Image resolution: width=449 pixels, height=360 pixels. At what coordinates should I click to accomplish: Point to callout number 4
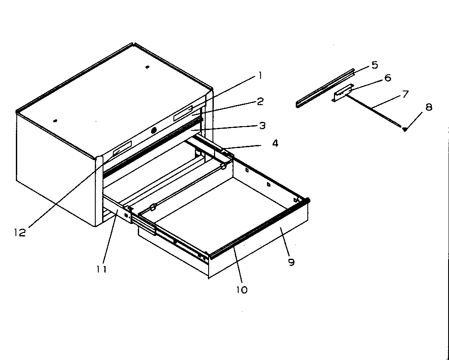coord(275,143)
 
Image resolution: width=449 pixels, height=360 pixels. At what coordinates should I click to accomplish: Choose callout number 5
coord(374,65)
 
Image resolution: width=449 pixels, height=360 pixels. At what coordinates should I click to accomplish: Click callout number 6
coord(387,78)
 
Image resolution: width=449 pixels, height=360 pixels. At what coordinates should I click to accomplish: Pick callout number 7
coord(404,94)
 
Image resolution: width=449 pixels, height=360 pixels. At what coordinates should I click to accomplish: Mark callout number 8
coord(428,107)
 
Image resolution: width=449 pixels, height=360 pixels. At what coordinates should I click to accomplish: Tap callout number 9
coord(291,262)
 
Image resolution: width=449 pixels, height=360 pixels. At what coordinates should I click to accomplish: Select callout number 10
coord(242,290)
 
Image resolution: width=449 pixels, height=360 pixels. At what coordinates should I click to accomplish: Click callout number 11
coord(101,269)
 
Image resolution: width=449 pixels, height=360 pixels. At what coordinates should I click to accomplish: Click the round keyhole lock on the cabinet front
coord(154,130)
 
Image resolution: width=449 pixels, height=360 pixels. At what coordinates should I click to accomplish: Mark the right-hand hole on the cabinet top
coord(147,67)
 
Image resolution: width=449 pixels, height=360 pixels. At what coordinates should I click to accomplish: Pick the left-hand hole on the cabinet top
coord(55,121)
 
